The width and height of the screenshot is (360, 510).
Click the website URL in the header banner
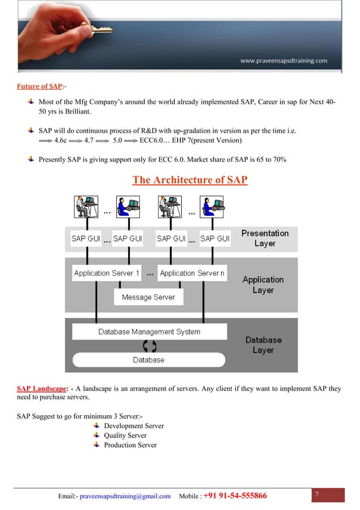tap(283, 61)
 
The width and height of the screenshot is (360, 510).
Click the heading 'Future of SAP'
tap(38, 86)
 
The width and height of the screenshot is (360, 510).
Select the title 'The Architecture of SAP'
tap(190, 180)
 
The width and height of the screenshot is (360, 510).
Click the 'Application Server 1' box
tap(107, 273)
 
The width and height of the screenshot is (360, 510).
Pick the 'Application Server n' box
tap(192, 273)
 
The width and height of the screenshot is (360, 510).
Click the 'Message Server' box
tap(148, 297)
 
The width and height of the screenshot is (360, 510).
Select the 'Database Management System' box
tap(149, 332)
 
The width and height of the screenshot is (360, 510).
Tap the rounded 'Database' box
tap(148, 360)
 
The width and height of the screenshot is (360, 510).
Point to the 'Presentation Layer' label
tap(265, 238)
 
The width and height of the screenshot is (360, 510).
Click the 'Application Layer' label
tap(263, 285)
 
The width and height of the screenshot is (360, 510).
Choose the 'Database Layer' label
tap(263, 345)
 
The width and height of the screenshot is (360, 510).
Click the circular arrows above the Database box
tap(150, 346)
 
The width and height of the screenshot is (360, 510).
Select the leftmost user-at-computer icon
tap(86, 207)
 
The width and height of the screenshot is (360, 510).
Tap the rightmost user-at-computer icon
tap(213, 207)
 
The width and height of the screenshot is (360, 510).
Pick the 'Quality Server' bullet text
tap(125, 435)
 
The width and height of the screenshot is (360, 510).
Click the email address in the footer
tap(125, 496)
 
